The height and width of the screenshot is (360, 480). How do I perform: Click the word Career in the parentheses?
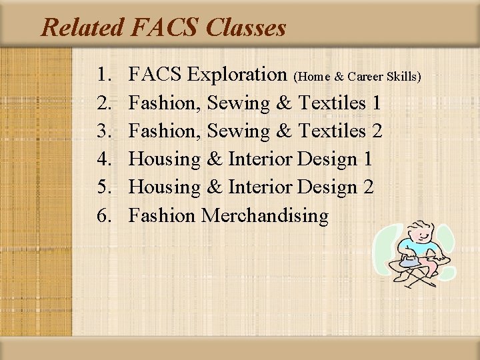coord(373,77)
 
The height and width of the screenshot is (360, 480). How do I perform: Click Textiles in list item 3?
coord(333,131)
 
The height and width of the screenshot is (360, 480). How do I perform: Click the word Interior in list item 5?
coord(259,187)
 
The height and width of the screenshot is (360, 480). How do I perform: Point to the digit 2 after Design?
coord(367,187)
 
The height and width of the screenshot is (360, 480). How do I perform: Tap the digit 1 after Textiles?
coord(377,103)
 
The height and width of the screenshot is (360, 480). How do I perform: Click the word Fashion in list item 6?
coord(162,215)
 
